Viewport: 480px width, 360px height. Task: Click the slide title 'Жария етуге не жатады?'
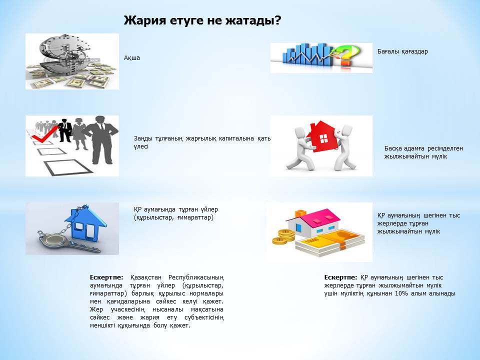[x=202, y=20]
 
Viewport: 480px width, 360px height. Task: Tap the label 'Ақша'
[x=132, y=58]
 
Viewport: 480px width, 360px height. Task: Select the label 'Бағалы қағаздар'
[x=402, y=51]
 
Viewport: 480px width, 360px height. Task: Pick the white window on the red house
[x=323, y=138]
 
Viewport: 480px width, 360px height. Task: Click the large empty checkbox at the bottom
[x=68, y=167]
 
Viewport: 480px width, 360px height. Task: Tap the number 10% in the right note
[x=401, y=293]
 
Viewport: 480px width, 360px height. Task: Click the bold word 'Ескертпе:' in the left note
[x=106, y=277]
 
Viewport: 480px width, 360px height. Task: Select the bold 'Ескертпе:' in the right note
[x=340, y=277]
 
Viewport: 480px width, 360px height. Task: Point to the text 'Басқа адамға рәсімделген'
[x=423, y=148]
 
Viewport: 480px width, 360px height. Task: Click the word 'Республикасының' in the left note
[x=196, y=277]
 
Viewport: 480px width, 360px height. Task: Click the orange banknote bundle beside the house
[x=330, y=243]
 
